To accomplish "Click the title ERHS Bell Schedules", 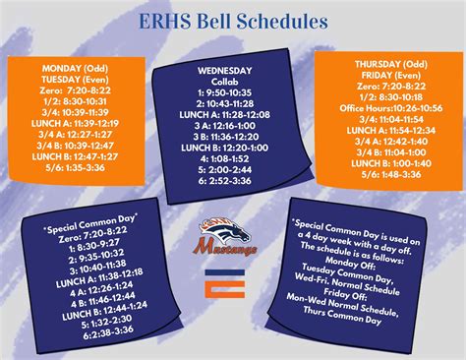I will pos(233,20).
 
